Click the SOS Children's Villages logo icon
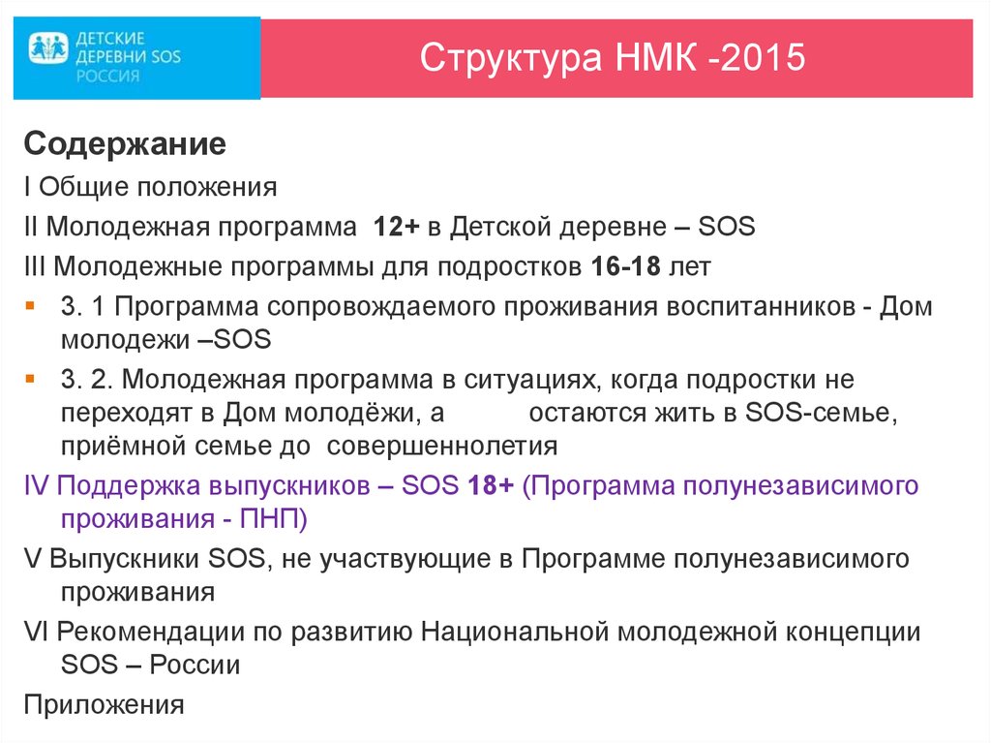49,46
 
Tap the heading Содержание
125,145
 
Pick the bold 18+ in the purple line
490,484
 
